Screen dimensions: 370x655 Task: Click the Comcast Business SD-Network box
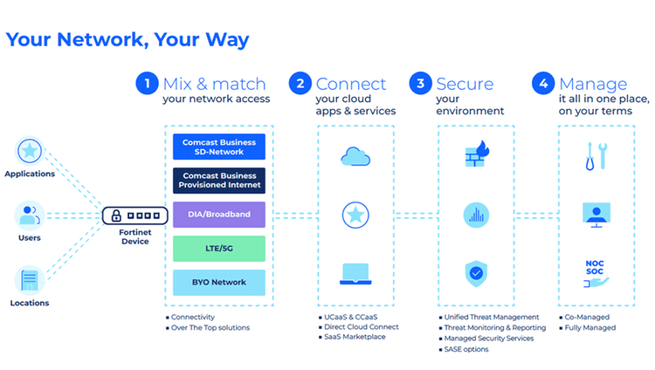click(218, 147)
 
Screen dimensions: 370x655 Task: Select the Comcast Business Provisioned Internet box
click(218, 181)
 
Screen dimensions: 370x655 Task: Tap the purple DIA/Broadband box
click(218, 215)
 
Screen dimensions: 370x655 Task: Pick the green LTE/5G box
click(218, 249)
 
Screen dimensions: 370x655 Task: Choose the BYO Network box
click(218, 283)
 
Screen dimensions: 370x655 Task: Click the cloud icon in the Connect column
click(354, 157)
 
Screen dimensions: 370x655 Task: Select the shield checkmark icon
click(477, 273)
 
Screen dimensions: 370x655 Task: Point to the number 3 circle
click(422, 84)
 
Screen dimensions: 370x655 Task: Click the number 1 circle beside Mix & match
click(147, 84)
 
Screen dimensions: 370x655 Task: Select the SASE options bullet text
click(467, 349)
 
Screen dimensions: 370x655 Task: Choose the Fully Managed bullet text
click(590, 327)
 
